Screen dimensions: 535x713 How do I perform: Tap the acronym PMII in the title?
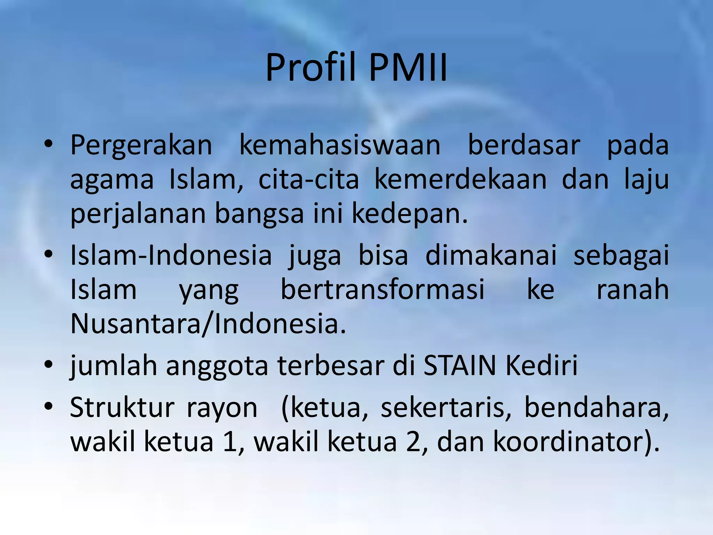pos(408,68)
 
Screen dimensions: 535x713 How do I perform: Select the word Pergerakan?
pos(141,145)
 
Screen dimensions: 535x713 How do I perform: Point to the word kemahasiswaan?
pos(340,145)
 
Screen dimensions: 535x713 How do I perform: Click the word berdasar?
pos(524,145)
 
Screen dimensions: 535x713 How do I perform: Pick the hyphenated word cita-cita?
pos(308,180)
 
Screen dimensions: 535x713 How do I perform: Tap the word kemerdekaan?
pos(460,180)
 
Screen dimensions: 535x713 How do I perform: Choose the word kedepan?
pos(410,214)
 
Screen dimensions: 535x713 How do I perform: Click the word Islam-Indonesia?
pos(171,255)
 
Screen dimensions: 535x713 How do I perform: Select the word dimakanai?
pos(491,255)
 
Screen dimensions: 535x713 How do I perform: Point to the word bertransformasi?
pos(382,289)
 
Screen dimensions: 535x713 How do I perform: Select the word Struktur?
pos(122,408)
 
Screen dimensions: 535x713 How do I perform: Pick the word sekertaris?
pos(446,408)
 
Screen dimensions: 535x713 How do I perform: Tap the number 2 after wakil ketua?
pos(413,442)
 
